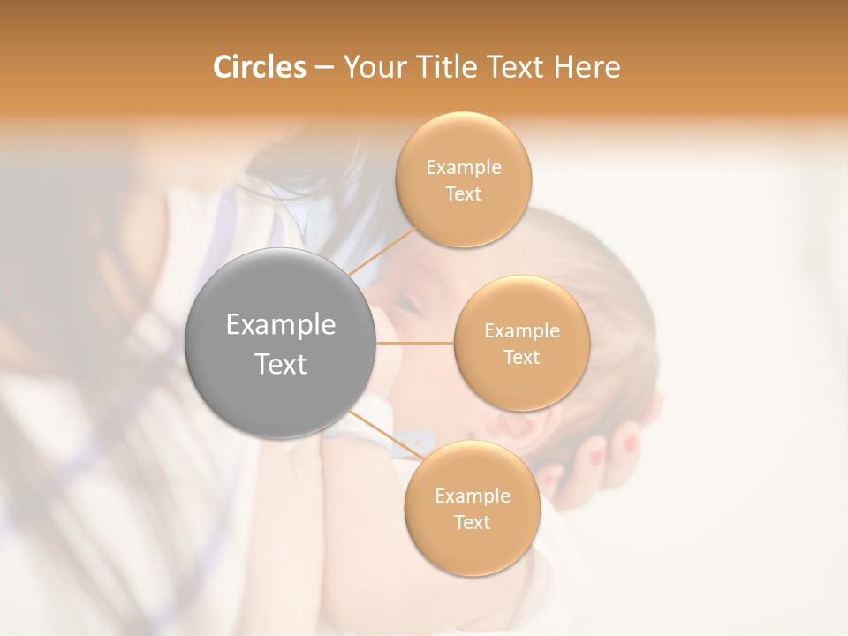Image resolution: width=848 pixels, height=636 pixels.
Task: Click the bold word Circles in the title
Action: (x=259, y=67)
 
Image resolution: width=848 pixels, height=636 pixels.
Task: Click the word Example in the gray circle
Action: (x=281, y=325)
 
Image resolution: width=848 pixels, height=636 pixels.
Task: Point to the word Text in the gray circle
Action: (x=281, y=364)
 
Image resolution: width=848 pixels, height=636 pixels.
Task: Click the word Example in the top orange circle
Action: (x=464, y=168)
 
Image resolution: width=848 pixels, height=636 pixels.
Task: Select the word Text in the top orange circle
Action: (x=464, y=194)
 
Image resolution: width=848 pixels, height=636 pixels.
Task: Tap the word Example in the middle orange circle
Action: (x=521, y=331)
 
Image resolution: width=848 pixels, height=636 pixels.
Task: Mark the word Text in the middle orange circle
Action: (x=521, y=358)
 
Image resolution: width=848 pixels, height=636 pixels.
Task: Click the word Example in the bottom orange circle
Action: (x=472, y=496)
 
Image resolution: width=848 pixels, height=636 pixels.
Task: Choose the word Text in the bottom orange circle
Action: (x=472, y=523)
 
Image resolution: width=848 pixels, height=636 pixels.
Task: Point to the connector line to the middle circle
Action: (x=415, y=343)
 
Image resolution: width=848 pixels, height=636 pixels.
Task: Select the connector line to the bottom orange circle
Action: (x=386, y=435)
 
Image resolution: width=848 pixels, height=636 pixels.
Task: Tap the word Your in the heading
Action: (x=370, y=67)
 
